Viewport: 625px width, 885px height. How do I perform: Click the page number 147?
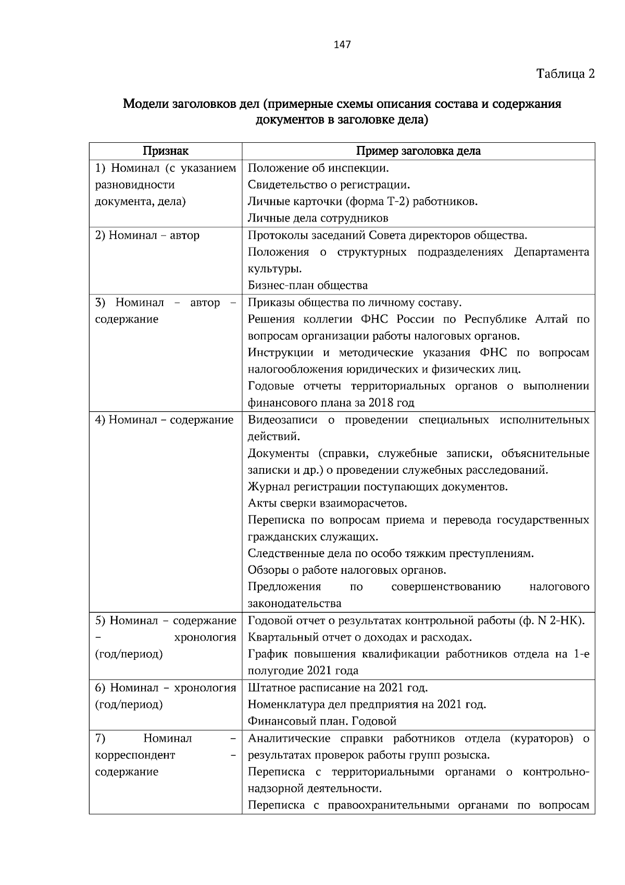pyautogui.click(x=342, y=45)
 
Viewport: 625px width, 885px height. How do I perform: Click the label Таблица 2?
pyautogui.click(x=565, y=73)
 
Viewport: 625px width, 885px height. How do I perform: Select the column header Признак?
pyautogui.click(x=166, y=151)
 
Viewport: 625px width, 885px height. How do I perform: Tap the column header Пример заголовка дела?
pyautogui.click(x=418, y=151)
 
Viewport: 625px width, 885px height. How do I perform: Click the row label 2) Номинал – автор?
pyautogui.click(x=147, y=236)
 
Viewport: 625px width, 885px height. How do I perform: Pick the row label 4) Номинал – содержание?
pyautogui.click(x=164, y=420)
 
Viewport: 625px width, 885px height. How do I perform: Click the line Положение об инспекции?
pyautogui.click(x=318, y=168)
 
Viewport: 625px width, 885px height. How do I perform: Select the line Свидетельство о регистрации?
pyautogui.click(x=329, y=185)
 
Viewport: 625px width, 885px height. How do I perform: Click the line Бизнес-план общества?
pyautogui.click(x=308, y=286)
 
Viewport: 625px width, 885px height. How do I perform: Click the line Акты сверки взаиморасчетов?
pyautogui.click(x=327, y=503)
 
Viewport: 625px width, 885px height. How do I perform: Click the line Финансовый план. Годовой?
pyautogui.click(x=322, y=721)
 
